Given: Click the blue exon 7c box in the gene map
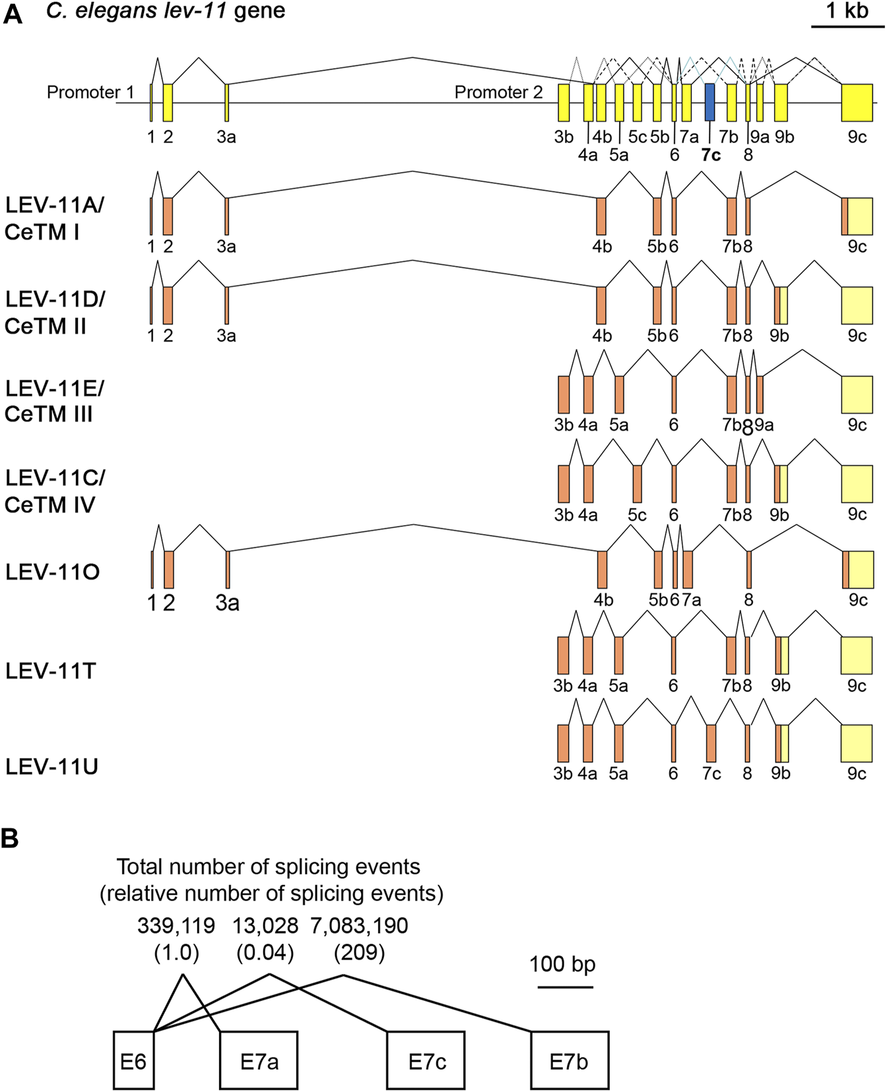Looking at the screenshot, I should pos(709,102).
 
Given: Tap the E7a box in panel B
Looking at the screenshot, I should pos(259,1061).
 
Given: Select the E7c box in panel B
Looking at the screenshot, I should pos(426,1061).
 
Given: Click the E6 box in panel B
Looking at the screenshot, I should pos(133,1061).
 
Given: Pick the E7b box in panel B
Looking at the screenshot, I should pos(569,1061).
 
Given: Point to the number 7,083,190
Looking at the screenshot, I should pos(359,926).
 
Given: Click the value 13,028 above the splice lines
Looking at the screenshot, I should pos(265,926).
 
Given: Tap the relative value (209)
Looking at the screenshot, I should pos(359,953).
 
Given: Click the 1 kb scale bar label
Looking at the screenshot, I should pos(847,11).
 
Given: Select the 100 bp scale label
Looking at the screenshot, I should pos(562,964).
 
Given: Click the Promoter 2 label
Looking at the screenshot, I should pos(498,92).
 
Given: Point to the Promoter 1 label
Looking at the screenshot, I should pos(90,92).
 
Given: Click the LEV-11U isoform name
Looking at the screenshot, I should pos(51,767).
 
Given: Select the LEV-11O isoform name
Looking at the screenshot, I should pos(52,572).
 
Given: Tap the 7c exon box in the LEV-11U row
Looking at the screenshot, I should pos(711,743).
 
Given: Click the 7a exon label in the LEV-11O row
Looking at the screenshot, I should pos(692,600).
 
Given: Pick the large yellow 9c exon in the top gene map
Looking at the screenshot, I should pos(857,102).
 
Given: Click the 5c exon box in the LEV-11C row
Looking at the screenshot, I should pos(637,483).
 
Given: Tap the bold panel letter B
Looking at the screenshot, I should pos(10,839).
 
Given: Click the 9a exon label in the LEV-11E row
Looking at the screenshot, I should pos(764,425).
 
